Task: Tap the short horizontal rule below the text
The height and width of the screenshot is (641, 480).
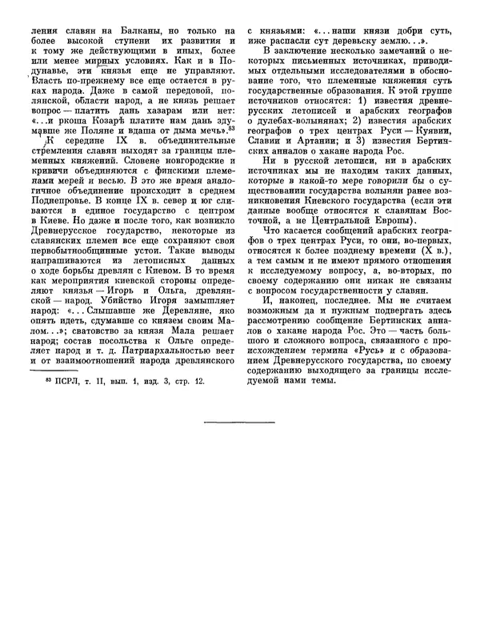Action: [239, 421]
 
